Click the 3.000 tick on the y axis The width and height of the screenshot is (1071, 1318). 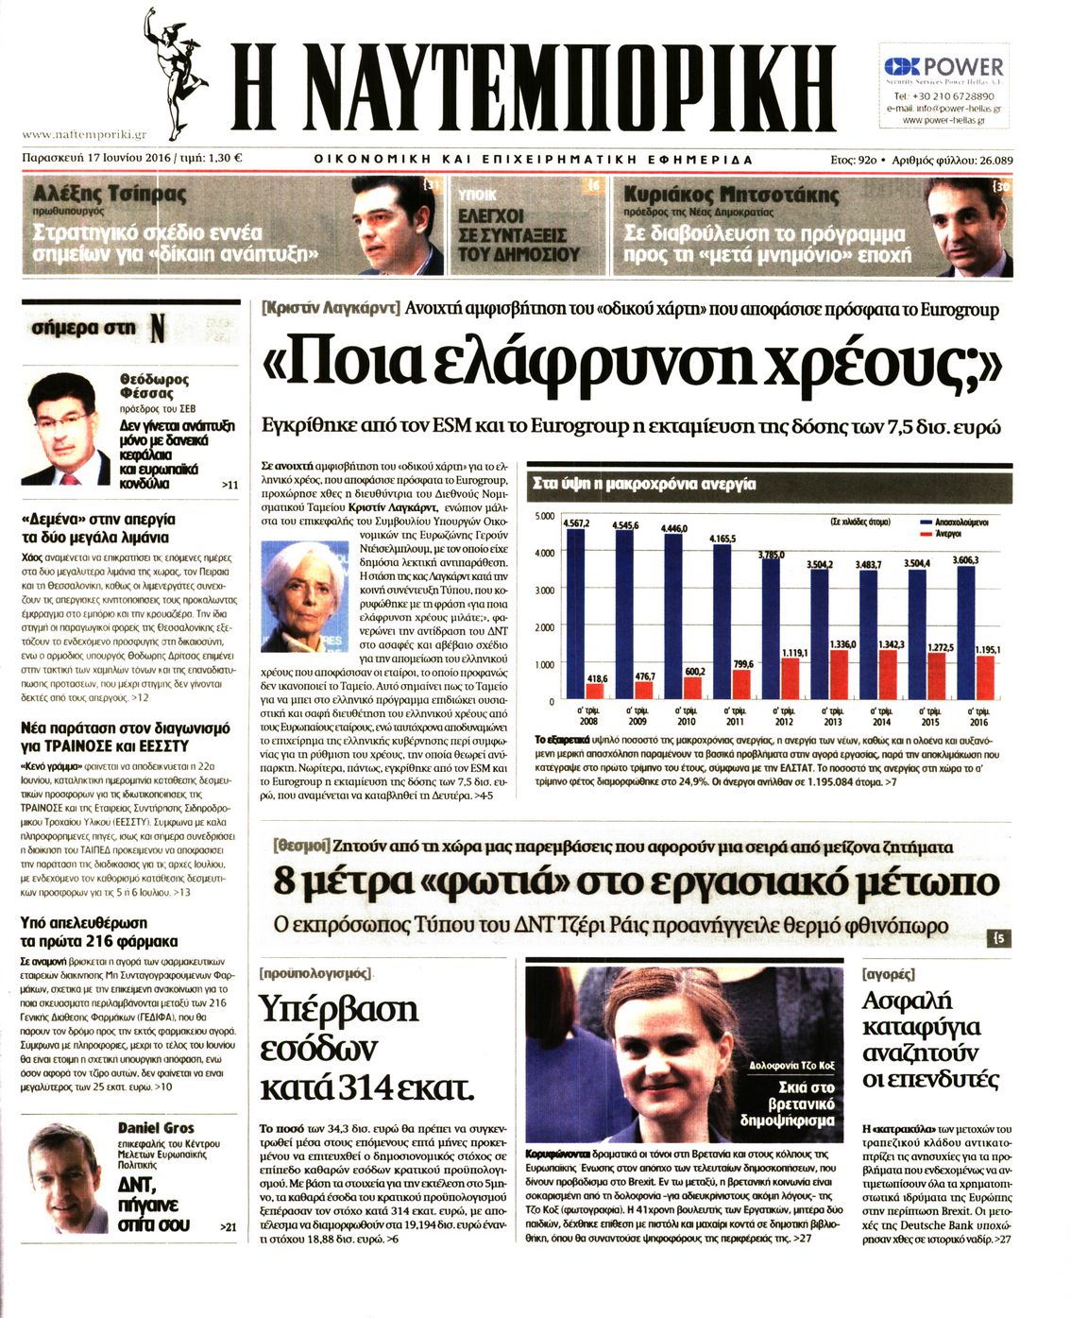point(545,591)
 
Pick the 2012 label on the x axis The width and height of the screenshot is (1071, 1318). point(783,722)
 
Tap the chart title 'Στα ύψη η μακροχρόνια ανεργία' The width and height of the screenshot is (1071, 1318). point(645,484)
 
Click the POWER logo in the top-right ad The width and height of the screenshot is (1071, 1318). point(944,67)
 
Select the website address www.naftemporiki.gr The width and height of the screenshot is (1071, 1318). point(84,135)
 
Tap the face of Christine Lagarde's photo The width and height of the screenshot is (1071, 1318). point(297,594)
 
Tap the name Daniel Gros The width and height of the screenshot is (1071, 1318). point(156,1127)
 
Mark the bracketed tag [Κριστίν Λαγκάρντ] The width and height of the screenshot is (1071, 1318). point(331,309)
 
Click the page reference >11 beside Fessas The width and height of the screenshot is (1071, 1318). point(229,485)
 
